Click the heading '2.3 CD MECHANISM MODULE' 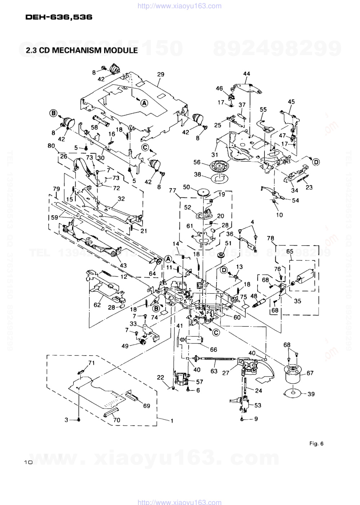pos(81,50)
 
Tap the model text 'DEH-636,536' pos(59,17)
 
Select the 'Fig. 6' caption pos(316,443)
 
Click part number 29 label pos(160,75)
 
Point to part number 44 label pos(246,74)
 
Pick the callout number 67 pos(310,374)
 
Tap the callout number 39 pos(311,394)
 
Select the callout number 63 pos(214,371)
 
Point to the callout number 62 pos(97,305)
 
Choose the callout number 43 pos(123,265)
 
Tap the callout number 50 pos(186,187)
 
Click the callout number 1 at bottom pos(172,420)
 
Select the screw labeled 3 pos(79,420)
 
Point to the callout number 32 pos(121,198)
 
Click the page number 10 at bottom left pos(28,462)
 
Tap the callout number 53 pos(258,405)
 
